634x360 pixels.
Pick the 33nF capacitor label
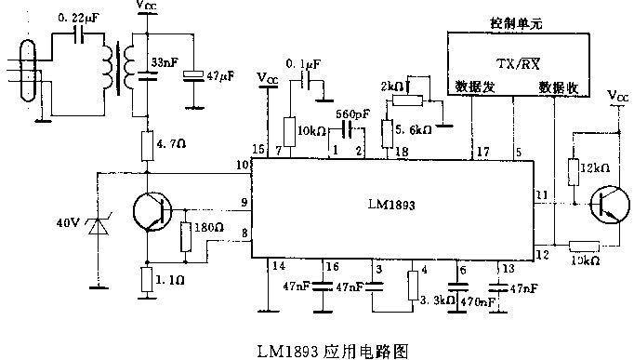tap(165, 63)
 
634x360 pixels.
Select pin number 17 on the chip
tap(482, 151)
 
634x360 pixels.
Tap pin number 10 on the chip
tap(243, 165)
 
